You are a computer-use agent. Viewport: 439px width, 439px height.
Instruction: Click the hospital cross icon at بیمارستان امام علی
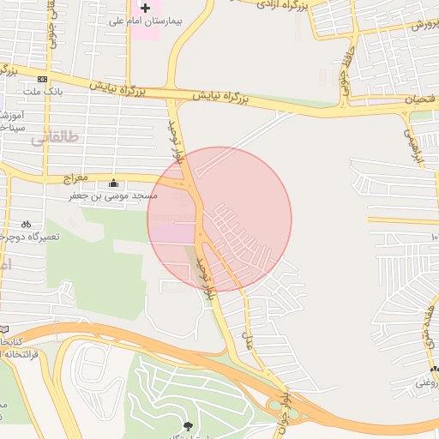coord(145,8)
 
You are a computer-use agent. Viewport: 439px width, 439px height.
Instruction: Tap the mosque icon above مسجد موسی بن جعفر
coord(114,183)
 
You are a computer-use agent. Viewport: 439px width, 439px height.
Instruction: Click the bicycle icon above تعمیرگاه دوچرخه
coord(26,223)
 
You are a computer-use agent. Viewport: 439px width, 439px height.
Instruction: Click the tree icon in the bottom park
coord(188,425)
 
